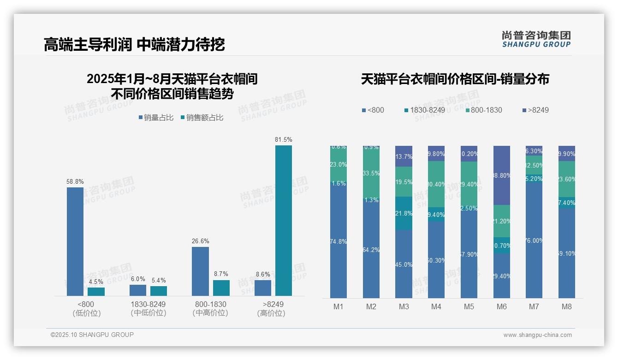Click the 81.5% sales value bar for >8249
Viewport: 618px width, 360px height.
click(284, 221)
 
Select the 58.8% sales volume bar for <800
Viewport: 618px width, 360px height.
click(75, 241)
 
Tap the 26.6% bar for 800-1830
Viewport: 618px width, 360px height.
click(200, 271)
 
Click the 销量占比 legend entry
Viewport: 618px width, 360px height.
click(156, 118)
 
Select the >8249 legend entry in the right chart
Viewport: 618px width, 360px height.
click(535, 110)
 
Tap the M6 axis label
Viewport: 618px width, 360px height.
click(502, 307)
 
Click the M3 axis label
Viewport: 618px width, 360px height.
click(404, 307)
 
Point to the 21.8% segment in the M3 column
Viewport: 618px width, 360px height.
click(404, 213)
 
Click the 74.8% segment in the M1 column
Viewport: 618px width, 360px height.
click(339, 241)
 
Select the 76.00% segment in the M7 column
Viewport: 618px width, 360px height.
click(534, 240)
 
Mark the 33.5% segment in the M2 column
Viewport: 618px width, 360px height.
click(371, 173)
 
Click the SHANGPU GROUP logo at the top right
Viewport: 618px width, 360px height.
click(536, 39)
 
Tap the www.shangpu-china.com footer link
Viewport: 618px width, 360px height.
click(537, 335)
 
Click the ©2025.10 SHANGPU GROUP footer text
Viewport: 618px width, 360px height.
click(92, 335)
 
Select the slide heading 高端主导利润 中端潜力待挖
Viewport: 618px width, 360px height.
click(134, 45)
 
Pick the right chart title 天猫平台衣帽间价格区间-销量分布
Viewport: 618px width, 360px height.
click(455, 79)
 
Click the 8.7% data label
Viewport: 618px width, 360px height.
click(221, 274)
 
